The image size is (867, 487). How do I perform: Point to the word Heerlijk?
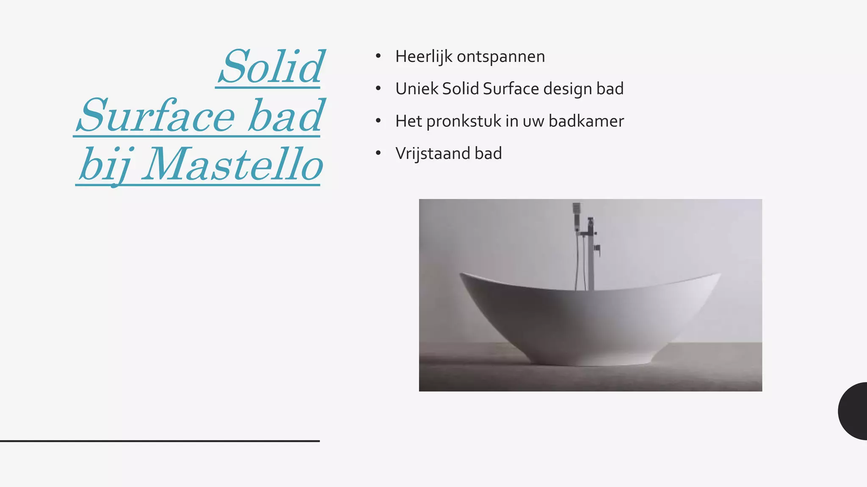click(423, 57)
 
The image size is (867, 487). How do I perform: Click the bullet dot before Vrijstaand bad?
click(378, 153)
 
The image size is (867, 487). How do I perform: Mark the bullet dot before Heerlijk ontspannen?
click(378, 56)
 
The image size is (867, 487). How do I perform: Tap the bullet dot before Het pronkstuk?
click(378, 121)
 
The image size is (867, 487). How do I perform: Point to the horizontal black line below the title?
click(160, 441)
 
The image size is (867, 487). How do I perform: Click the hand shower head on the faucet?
click(576, 208)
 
